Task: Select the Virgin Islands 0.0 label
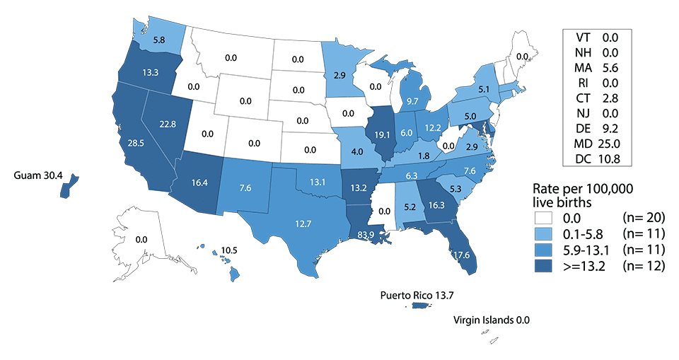pos(491,320)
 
